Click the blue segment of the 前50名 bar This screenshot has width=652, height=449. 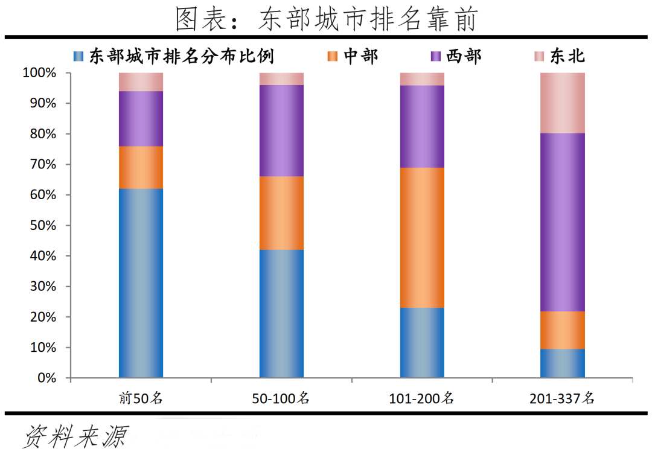(x=141, y=283)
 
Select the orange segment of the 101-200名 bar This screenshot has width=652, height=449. (x=422, y=237)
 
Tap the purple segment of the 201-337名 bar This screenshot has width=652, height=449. (x=563, y=222)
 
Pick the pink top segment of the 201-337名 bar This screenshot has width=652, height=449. (x=563, y=103)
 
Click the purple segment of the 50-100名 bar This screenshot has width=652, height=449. (x=281, y=130)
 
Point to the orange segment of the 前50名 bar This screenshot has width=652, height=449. (x=141, y=167)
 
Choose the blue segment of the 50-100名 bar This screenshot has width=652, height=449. (x=281, y=313)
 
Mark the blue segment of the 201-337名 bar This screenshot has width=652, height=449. (x=563, y=363)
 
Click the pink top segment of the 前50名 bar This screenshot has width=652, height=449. (x=141, y=81)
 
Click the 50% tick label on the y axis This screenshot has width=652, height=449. (x=42, y=226)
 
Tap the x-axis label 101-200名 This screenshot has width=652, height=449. (x=422, y=398)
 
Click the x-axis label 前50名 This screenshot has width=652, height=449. (x=141, y=398)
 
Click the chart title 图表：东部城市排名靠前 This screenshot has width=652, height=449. (x=326, y=19)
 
